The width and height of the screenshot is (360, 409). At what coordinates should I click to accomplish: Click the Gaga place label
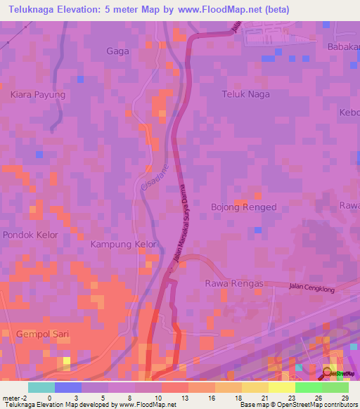point(117,51)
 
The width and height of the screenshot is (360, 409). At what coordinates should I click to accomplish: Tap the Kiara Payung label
point(38,94)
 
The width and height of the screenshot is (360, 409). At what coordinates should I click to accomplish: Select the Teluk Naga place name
point(246,94)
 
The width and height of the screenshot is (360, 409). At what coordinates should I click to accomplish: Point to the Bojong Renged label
point(244,207)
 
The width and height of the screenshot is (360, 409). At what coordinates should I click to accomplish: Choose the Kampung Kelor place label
point(123,244)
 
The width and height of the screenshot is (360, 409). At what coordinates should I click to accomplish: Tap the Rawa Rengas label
point(233,284)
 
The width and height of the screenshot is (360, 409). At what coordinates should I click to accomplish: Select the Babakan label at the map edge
point(343,47)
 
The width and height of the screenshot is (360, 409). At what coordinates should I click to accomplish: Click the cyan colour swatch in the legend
point(41,387)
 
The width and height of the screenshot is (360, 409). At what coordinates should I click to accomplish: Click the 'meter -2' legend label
point(14,397)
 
